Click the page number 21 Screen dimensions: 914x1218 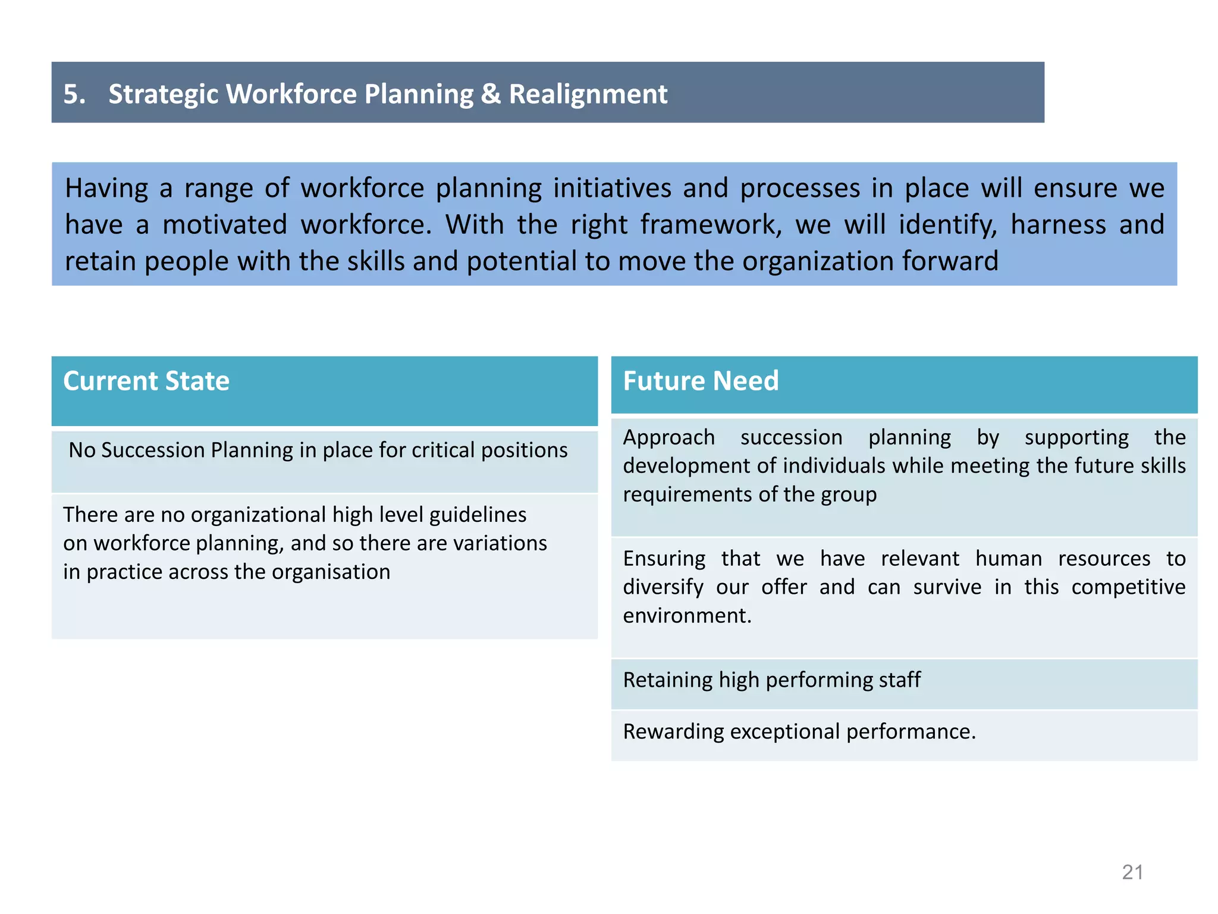point(1132,872)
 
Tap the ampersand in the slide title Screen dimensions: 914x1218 point(491,94)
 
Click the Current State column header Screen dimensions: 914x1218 point(146,381)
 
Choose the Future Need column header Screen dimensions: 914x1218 point(701,381)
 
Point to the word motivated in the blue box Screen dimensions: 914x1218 point(225,225)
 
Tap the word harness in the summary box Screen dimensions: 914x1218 point(1058,225)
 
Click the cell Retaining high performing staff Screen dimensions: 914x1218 point(771,680)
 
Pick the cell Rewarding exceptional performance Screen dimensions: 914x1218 point(799,731)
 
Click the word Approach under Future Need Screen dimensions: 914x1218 point(668,437)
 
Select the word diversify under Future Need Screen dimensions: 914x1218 point(663,587)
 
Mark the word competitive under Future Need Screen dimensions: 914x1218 point(1128,587)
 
